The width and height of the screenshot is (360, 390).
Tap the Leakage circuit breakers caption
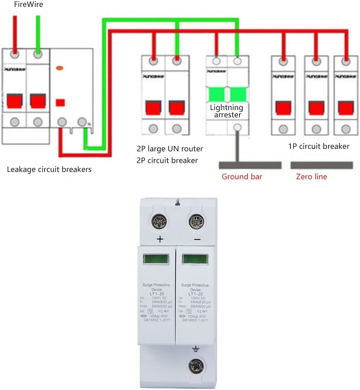(x=49, y=169)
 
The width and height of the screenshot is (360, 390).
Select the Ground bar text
(x=242, y=176)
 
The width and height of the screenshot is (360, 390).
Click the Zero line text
(x=311, y=176)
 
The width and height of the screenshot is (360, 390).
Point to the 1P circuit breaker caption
(x=319, y=146)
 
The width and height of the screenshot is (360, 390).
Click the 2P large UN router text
(x=170, y=149)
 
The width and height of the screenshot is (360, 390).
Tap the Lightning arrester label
(x=227, y=111)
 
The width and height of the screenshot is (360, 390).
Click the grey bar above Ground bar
(x=250, y=165)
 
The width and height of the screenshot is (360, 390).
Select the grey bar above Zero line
(x=322, y=165)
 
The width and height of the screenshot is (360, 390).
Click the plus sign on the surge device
(x=160, y=239)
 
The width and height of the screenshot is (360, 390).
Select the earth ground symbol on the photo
(x=196, y=349)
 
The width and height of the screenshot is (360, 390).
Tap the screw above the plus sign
(x=158, y=221)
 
